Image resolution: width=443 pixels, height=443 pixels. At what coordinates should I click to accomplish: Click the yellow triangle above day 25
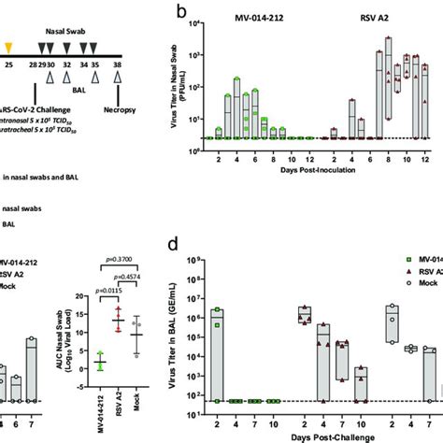[9, 45]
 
